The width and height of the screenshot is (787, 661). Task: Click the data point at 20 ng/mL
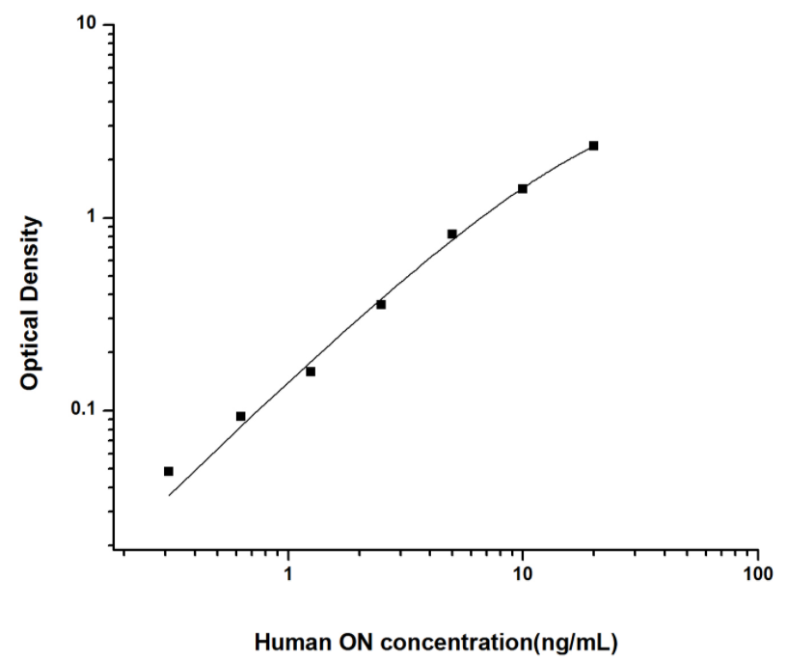point(593,146)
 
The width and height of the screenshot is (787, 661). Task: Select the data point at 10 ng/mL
point(523,188)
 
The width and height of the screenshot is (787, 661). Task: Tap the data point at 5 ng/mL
point(452,234)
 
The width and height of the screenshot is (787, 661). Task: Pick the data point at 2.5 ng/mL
point(381,304)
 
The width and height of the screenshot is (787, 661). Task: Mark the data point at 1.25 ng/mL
point(311,372)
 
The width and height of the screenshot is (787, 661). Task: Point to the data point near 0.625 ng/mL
point(241,416)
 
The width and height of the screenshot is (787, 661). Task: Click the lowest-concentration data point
point(169,471)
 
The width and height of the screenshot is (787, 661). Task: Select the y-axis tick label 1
point(95,217)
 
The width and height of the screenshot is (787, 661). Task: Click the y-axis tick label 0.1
point(91,410)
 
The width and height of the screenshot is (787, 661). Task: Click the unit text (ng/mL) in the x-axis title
point(575,642)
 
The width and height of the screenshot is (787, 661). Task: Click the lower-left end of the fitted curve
point(170,495)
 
